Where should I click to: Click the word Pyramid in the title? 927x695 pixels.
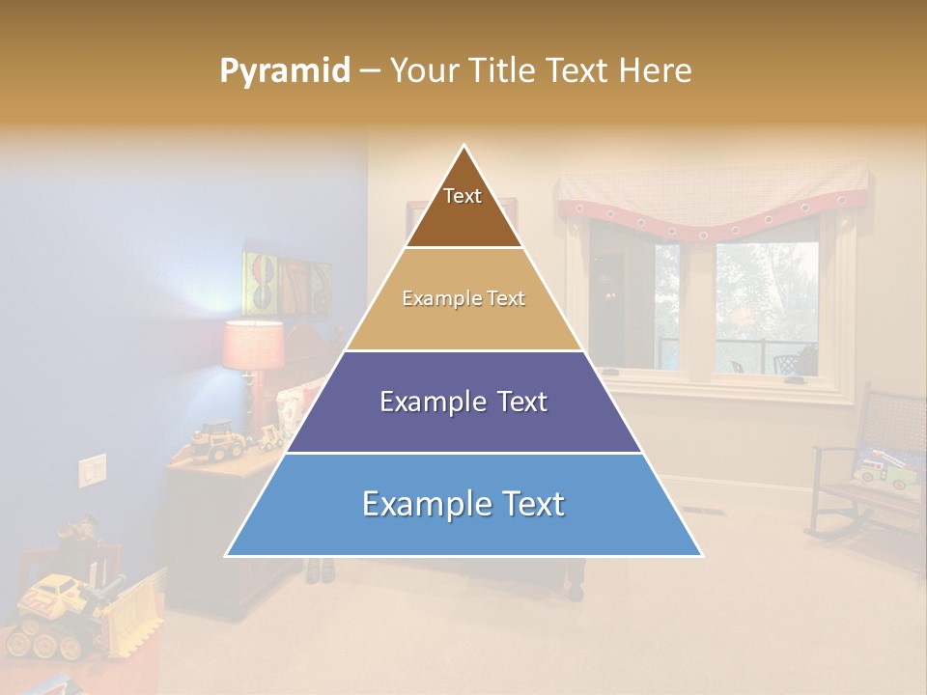(x=285, y=71)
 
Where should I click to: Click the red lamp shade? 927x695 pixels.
(x=253, y=346)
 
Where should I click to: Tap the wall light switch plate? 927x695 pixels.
(x=92, y=470)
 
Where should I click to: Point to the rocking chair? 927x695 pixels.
(x=859, y=473)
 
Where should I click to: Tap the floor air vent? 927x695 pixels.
(x=697, y=511)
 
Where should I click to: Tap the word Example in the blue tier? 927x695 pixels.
(x=418, y=505)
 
